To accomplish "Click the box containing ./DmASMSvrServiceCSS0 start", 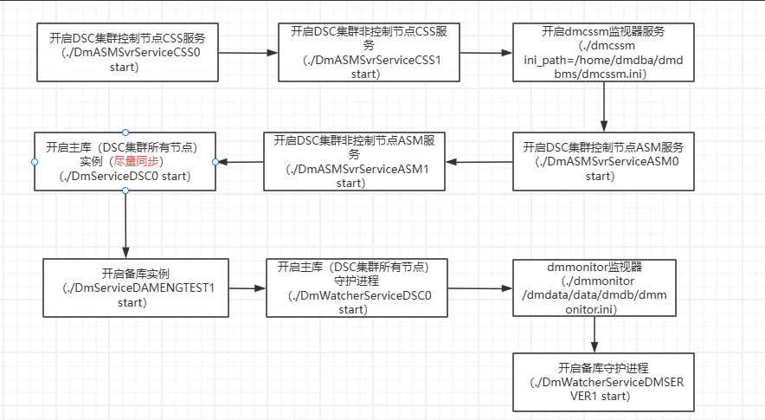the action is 127,52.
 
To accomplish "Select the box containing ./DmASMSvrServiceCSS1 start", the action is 369,52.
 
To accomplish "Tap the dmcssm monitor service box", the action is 603,52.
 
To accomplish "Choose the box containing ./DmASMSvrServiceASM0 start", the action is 603,161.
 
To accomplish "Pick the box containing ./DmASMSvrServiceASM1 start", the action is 354,161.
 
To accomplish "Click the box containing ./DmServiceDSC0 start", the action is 125,161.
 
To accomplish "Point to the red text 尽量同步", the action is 136,161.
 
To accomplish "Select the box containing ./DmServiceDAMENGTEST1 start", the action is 136,288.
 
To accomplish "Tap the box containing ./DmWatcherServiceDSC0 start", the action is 357,288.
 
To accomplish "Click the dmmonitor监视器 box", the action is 595,288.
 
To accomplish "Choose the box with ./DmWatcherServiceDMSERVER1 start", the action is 603,383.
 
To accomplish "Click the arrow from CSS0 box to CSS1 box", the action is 247,53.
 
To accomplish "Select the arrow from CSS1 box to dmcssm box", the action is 486,53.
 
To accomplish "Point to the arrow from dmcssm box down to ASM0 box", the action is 604,107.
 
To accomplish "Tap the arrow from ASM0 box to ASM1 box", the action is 479,162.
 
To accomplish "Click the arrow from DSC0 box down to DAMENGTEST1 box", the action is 125,224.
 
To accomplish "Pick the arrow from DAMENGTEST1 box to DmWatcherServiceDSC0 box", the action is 247,288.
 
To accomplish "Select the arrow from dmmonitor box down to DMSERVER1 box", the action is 595,334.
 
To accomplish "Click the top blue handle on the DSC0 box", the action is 125,132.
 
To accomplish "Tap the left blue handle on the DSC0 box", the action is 34,162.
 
